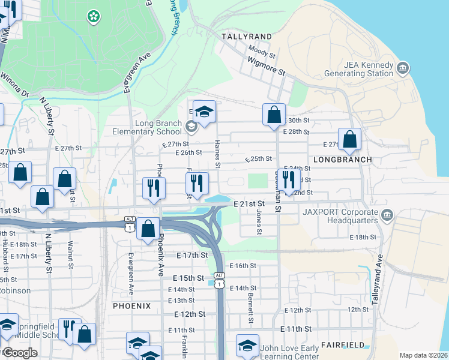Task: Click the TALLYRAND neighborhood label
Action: tap(246, 37)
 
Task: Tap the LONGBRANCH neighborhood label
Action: tap(342, 160)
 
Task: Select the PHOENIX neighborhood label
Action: tap(131, 305)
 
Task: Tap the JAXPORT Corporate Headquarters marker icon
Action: tap(387, 214)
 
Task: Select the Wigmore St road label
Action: tap(266, 65)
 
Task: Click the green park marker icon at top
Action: tap(94, 16)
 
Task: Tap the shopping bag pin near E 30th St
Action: tap(274, 114)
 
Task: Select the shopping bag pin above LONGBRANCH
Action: tap(349, 139)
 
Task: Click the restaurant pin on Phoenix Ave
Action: tap(154, 187)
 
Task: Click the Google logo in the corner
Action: tap(19, 353)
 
